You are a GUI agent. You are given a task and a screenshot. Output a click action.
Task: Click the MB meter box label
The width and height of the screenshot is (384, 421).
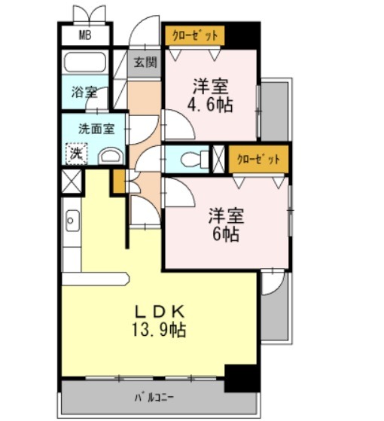click(x=85, y=35)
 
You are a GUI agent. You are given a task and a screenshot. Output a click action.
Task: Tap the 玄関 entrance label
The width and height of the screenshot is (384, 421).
click(x=145, y=63)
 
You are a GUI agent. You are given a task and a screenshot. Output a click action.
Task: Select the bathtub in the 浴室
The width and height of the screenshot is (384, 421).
click(x=85, y=63)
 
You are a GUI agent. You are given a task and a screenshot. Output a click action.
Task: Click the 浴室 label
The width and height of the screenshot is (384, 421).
click(x=84, y=92)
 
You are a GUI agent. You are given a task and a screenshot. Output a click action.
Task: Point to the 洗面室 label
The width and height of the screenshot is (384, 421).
click(x=96, y=129)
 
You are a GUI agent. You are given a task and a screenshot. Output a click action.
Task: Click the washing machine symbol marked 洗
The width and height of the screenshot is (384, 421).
click(x=77, y=154)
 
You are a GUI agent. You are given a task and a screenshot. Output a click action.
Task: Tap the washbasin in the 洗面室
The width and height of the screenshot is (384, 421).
click(x=111, y=156)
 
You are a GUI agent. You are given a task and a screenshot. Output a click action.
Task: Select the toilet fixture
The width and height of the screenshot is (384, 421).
click(x=194, y=160)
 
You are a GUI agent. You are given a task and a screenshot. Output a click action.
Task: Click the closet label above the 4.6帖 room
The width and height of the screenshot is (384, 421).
click(x=194, y=35)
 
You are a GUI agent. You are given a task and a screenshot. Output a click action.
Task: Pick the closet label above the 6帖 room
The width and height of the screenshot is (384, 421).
click(x=258, y=159)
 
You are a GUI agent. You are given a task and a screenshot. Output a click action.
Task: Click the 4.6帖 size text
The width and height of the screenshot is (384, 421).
click(x=210, y=105)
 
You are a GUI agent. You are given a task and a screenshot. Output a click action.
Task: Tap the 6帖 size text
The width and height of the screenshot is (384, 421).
click(x=226, y=234)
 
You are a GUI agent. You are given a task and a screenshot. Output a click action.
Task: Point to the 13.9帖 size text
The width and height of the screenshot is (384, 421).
click(x=159, y=329)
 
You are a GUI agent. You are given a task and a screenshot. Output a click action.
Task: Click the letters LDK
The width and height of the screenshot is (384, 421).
click(x=160, y=312)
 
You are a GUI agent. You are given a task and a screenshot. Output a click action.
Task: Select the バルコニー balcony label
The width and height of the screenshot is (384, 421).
click(x=154, y=398)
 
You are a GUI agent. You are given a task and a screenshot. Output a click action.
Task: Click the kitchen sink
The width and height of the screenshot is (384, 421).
click(x=72, y=221)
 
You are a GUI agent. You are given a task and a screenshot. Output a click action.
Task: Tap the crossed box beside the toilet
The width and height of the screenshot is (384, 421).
click(x=218, y=159)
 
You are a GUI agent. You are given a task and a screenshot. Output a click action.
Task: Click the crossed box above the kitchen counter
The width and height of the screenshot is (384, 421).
click(x=71, y=182)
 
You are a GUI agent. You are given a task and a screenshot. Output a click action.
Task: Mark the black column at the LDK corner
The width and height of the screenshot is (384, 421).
click(x=242, y=378)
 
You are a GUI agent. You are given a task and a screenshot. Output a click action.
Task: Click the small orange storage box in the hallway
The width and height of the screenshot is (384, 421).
click(x=119, y=182)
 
